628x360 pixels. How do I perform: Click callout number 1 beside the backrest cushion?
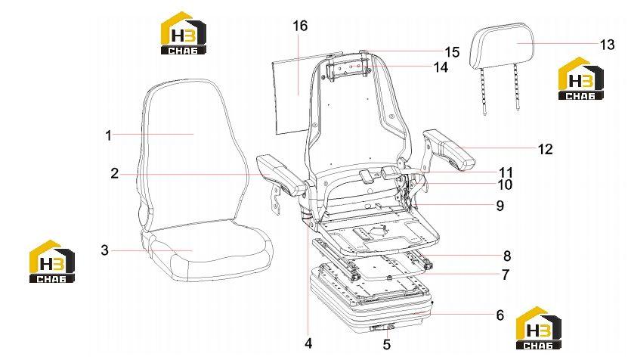coord(108,135)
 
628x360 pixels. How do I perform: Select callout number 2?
coord(115,174)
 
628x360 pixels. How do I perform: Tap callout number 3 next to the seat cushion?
coord(104,250)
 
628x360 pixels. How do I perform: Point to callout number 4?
coord(308,343)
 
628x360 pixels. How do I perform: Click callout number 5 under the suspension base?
coord(386,344)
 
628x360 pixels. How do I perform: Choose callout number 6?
coord(500,315)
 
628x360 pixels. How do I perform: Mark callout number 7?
coord(506,275)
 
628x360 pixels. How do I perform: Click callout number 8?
coord(507,256)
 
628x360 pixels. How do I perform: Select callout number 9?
coord(500,206)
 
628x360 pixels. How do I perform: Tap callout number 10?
coord(506,185)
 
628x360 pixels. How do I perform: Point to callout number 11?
coord(506,172)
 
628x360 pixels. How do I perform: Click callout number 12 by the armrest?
coord(545,149)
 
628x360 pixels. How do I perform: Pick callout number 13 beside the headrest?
coord(607,45)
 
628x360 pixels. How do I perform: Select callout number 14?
coord(441,67)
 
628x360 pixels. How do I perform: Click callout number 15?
coord(452,51)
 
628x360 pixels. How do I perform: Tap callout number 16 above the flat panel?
coord(300,26)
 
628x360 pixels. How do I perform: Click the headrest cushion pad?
coord(503,45)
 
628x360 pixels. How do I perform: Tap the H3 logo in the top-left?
coord(184,33)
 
